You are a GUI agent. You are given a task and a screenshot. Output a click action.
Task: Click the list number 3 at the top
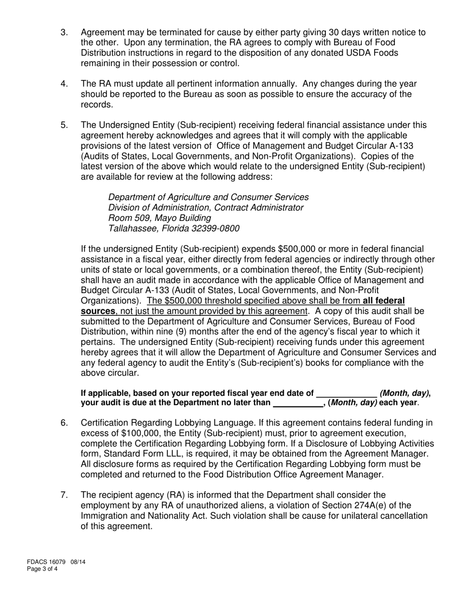tap(64, 33)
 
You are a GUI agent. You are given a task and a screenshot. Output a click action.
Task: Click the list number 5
tap(64, 125)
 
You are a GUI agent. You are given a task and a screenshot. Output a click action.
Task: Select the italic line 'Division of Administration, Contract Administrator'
tap(206, 207)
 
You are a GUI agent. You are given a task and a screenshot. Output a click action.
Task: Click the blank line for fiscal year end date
tap(346, 393)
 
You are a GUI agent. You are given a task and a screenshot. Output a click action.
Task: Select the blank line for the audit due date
tap(297, 403)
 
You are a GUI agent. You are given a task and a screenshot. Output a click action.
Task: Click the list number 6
tap(64, 423)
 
